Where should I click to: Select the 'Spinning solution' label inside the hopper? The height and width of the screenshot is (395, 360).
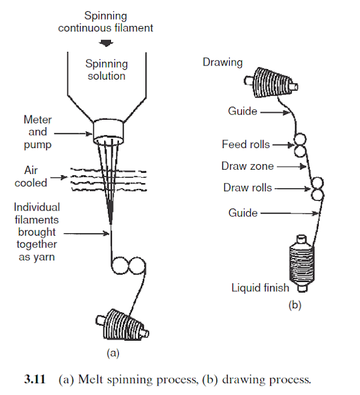105,70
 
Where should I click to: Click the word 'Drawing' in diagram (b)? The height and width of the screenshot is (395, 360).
223,62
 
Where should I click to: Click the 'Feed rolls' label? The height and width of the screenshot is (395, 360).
245,144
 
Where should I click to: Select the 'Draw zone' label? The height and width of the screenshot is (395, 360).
247,166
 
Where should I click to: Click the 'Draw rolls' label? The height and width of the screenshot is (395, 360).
247,188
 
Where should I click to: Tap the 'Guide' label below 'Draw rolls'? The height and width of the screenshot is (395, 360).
242,213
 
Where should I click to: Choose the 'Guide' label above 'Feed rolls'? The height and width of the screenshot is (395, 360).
242,111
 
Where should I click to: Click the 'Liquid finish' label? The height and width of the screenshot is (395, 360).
260,288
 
